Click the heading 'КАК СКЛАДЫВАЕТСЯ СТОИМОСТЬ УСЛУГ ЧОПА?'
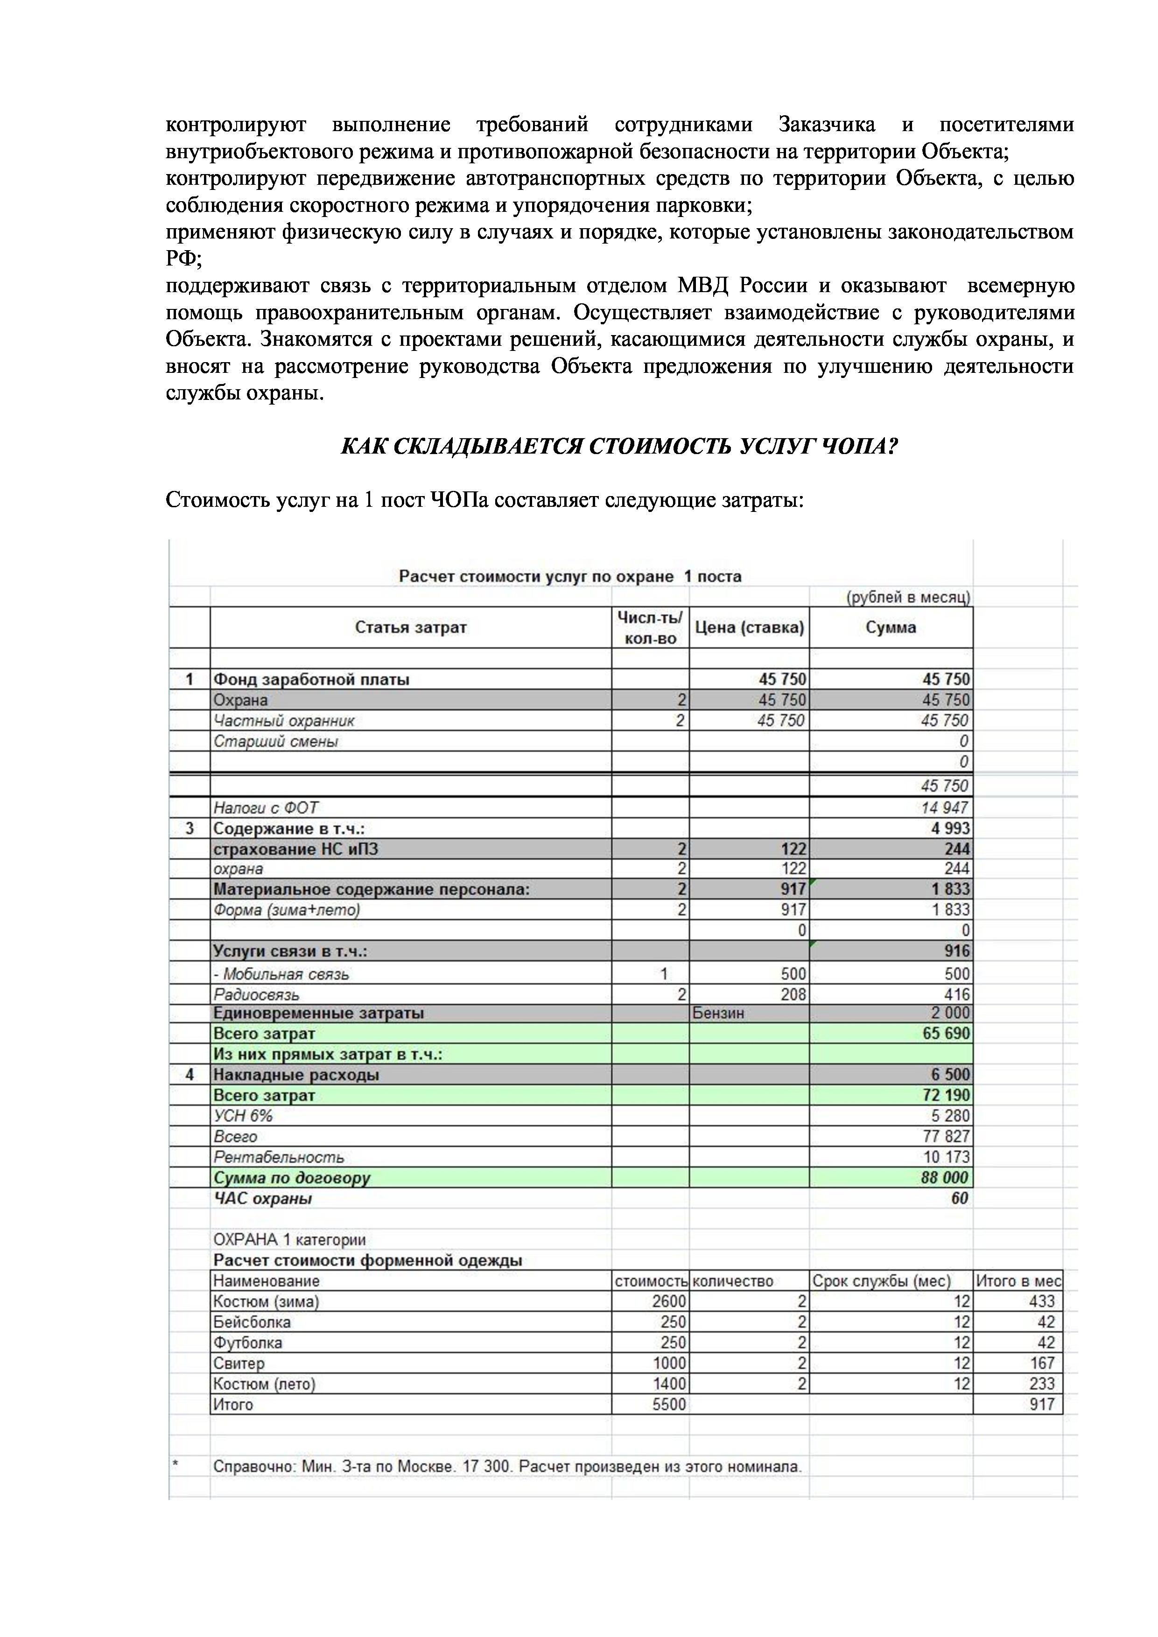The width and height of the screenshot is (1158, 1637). click(619, 447)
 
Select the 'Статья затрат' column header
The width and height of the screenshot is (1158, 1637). click(411, 628)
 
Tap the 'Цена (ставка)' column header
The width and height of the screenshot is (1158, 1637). click(749, 628)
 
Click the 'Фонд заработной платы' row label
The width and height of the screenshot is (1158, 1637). click(312, 679)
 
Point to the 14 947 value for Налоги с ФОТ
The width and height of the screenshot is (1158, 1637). click(945, 807)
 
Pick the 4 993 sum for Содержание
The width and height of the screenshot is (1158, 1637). click(950, 828)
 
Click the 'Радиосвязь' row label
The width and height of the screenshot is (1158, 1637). click(257, 994)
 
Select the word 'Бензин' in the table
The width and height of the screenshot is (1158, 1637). click(718, 1013)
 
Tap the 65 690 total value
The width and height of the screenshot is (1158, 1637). click(946, 1033)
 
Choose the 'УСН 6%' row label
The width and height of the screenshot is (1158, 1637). click(243, 1116)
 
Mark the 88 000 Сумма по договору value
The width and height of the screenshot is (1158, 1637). click(945, 1177)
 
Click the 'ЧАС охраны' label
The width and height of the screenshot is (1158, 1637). click(263, 1198)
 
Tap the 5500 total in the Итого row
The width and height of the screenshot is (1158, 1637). click(669, 1405)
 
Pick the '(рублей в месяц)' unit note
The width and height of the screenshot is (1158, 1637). click(908, 597)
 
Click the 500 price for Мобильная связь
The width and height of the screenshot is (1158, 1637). click(793, 974)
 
